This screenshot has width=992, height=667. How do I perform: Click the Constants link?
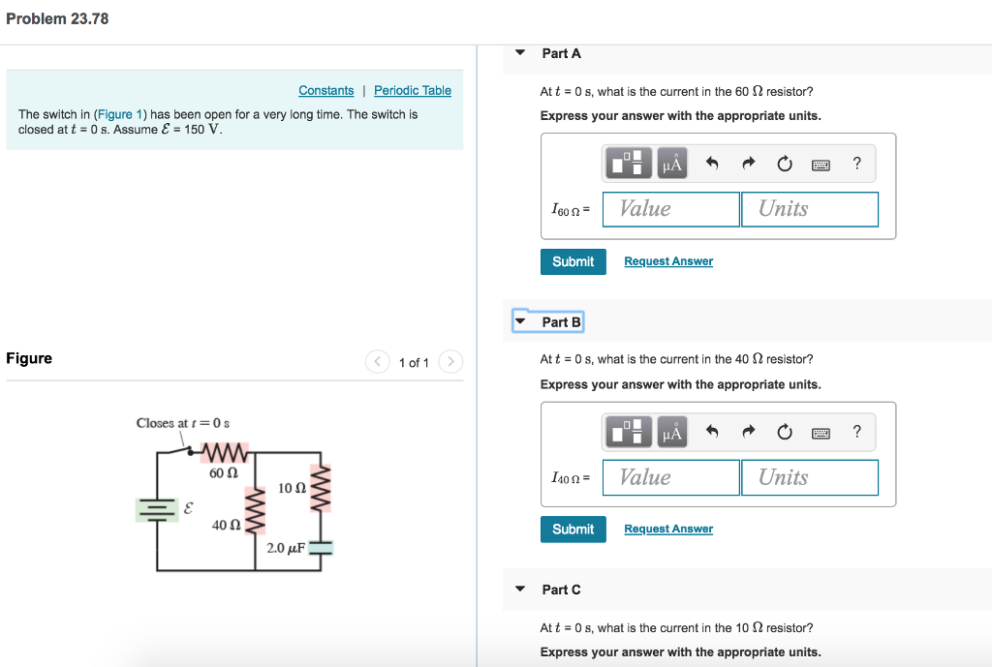point(325,90)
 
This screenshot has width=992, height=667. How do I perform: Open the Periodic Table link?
point(413,90)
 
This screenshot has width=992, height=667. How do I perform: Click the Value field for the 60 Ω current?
point(670,209)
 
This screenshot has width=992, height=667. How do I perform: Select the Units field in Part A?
point(810,209)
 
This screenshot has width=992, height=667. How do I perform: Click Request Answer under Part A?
point(668,261)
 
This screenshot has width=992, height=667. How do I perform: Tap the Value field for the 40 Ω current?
point(670,477)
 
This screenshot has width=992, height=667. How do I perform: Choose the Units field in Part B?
point(810,477)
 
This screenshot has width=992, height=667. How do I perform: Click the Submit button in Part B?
point(573,530)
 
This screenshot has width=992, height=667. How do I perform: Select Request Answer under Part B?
point(668,529)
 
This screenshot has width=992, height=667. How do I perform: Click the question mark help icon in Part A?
point(856,164)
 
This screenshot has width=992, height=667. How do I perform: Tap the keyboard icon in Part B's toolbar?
point(821,433)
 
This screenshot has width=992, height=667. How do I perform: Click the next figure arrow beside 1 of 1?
point(450,362)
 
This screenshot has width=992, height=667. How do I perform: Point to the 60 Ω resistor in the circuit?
point(225,453)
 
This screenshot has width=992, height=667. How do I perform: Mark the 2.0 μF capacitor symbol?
point(321,548)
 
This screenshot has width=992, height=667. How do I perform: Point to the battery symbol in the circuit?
point(156,508)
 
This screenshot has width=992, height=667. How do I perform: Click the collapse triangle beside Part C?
point(520,589)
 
